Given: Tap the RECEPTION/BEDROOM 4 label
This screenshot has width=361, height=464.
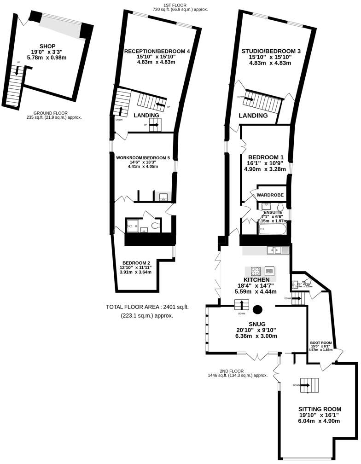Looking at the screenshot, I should point(157,51).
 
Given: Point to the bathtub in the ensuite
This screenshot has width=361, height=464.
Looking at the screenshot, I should point(273,228).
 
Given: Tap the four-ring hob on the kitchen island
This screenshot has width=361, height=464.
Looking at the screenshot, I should point(256,271).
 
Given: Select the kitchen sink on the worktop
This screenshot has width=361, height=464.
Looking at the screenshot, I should point(278,250).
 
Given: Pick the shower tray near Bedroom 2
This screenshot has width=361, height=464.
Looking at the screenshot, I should point(133,226).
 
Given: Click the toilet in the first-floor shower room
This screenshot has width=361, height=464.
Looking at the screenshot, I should point(156,226).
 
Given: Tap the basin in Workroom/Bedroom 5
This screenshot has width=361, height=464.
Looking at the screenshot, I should point(163,197).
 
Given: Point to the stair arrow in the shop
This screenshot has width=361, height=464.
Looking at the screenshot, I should point(18,71).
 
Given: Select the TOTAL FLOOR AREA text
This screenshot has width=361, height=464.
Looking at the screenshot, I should point(147,307).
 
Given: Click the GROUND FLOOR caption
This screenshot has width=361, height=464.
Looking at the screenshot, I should point(53,113).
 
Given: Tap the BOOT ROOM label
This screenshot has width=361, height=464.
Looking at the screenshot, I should point(321,342).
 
